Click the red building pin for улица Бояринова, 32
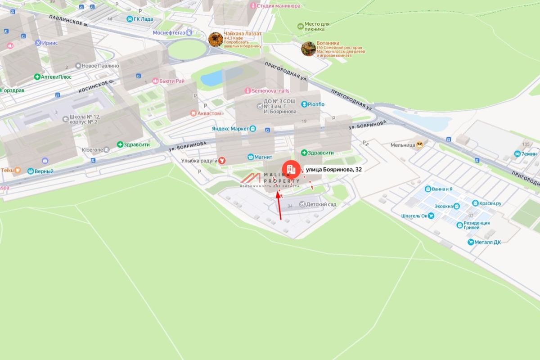click(x=291, y=170)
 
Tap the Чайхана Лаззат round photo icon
click(x=216, y=40)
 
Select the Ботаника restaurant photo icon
click(x=308, y=49)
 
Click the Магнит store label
click(x=263, y=157)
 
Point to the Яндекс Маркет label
click(x=230, y=129)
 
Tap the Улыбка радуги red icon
click(x=221, y=160)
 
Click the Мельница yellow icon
click(x=420, y=145)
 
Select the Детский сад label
click(x=321, y=204)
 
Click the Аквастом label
click(x=210, y=113)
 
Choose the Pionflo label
click(x=316, y=104)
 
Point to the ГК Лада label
click(x=143, y=19)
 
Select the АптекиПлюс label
click(x=56, y=77)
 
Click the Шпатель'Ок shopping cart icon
click(x=432, y=216)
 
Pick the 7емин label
click(x=529, y=154)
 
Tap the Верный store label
click(x=45, y=171)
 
